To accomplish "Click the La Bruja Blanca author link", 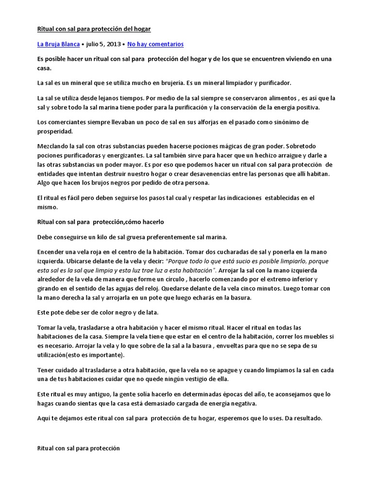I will pos(58,44).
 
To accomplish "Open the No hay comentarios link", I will pos(155,44).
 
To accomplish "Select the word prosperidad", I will pos(55,131).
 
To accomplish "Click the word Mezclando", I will pos(54,146).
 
